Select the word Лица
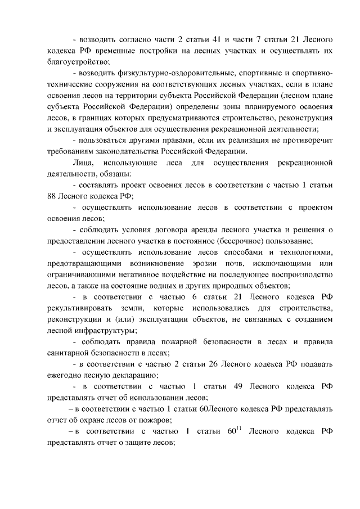coord(83,163)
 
